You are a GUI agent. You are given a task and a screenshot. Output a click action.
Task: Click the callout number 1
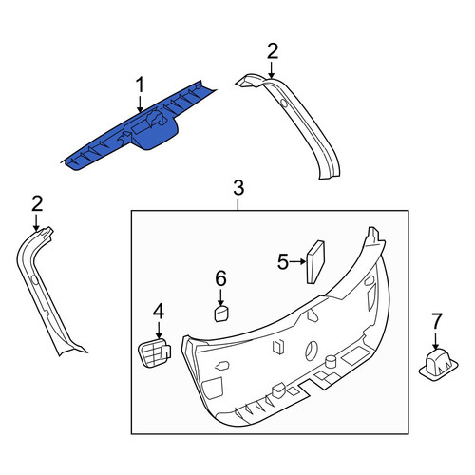click(140, 85)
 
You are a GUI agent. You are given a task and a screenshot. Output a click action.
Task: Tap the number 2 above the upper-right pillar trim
click(273, 51)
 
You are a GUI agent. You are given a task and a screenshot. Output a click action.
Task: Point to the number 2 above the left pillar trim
click(37, 203)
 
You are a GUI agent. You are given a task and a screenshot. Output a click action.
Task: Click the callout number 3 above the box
click(238, 188)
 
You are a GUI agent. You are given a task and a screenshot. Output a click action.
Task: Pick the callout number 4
click(159, 311)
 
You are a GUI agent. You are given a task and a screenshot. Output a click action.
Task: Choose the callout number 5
click(284, 262)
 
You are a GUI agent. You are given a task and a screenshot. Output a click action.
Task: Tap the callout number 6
click(221, 278)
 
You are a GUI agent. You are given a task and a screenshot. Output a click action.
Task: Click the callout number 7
click(436, 321)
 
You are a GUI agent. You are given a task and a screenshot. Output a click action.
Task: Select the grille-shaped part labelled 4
click(154, 351)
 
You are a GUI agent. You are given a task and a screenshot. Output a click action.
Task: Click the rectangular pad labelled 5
click(315, 262)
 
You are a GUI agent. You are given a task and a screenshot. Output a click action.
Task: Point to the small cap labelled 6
click(222, 313)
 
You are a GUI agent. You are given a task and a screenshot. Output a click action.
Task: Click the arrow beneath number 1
click(140, 104)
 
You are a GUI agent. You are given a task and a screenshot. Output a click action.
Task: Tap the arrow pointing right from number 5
click(298, 262)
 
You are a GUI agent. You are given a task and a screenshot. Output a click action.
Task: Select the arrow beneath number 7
click(436, 340)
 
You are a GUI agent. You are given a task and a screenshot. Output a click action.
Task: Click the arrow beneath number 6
click(220, 297)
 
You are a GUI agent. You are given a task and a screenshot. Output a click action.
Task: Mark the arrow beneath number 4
click(159, 329)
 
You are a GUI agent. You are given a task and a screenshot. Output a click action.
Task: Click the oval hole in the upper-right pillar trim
click(284, 103)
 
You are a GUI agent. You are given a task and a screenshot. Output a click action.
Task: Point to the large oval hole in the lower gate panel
click(311, 351)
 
